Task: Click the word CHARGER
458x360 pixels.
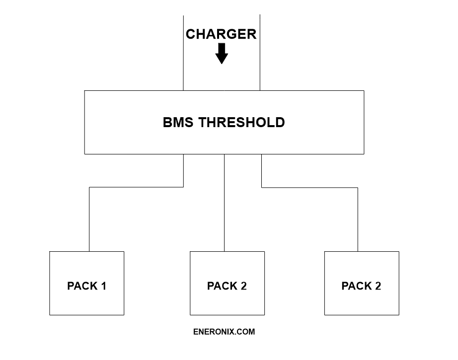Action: (x=221, y=34)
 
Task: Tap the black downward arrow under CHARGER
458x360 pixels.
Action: (x=222, y=54)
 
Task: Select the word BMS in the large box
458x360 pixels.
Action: (x=179, y=122)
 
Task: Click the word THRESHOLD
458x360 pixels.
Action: (x=242, y=122)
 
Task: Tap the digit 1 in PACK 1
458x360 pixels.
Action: (x=103, y=286)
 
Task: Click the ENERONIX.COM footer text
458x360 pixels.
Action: (x=224, y=332)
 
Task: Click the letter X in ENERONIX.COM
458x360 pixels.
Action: (x=231, y=332)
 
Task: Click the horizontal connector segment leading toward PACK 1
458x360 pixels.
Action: (x=137, y=187)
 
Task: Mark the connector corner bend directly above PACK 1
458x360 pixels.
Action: (x=89, y=187)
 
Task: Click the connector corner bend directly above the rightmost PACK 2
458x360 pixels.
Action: (x=358, y=187)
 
